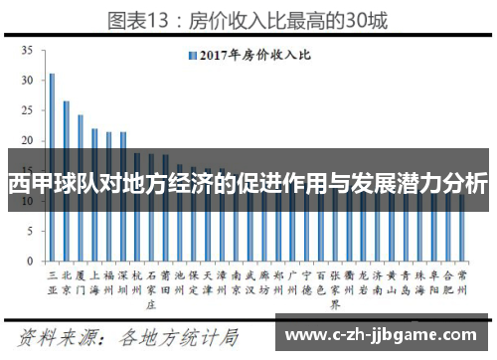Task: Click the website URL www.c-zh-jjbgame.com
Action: pos(387,332)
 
